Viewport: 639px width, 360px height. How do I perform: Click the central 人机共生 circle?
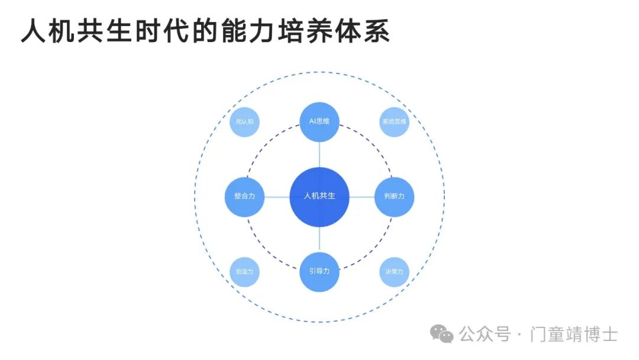[x=319, y=197]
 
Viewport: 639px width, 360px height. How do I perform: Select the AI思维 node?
[x=319, y=122]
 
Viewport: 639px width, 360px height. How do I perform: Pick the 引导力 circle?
[x=319, y=271]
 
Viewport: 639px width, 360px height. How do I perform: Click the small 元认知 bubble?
[x=244, y=122]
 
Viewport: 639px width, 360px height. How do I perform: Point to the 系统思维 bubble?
[x=394, y=122]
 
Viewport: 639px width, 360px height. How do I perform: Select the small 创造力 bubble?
[x=244, y=271]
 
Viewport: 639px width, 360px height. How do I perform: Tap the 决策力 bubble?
[x=394, y=271]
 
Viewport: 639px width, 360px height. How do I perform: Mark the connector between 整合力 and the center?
[x=277, y=197]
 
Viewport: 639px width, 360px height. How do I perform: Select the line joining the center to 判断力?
[x=362, y=197]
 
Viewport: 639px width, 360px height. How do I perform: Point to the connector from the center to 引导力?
[x=319, y=239]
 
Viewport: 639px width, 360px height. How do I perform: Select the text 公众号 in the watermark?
[x=485, y=335]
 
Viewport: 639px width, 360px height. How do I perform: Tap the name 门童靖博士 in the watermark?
[x=575, y=335]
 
